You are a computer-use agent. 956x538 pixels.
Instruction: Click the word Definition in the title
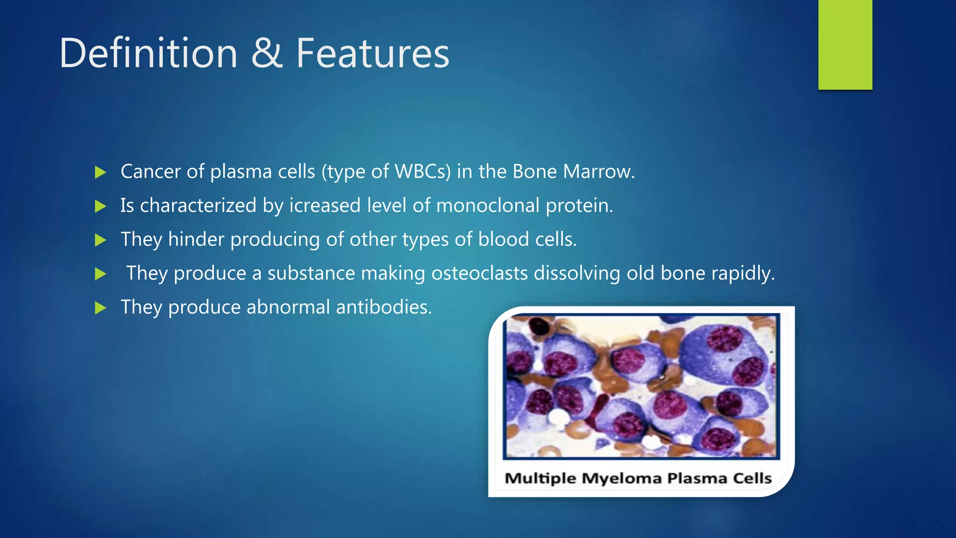(x=148, y=54)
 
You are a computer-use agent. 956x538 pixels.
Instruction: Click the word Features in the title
(x=373, y=54)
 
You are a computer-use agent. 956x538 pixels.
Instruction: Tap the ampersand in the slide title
(x=267, y=54)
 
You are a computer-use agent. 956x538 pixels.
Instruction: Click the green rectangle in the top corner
(x=845, y=44)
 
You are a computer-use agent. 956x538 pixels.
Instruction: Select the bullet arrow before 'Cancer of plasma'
(x=100, y=172)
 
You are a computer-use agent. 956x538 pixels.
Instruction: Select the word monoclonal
(x=488, y=205)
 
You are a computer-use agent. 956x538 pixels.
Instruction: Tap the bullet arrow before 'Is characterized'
(x=100, y=206)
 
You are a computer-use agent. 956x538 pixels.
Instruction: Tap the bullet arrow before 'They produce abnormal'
(x=100, y=308)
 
